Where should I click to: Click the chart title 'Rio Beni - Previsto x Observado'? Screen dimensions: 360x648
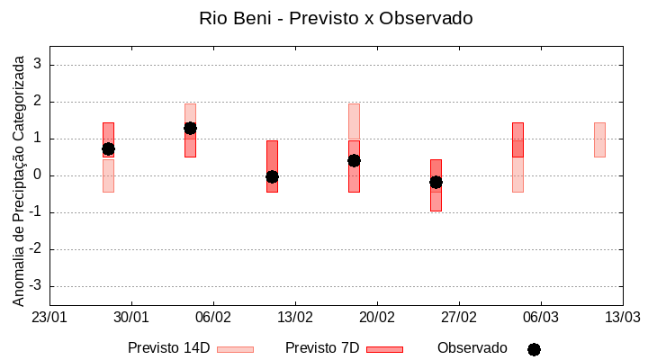click(336, 18)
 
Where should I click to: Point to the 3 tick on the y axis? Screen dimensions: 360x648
click(38, 65)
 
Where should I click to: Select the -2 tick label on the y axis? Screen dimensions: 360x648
click(35, 249)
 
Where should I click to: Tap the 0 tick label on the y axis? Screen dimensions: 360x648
click(38, 175)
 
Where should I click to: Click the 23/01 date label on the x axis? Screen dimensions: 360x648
click(49, 318)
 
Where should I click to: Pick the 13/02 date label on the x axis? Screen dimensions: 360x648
click(295, 318)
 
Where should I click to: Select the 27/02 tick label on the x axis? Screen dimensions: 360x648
click(459, 318)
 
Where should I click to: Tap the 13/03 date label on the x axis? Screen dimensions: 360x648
click(622, 318)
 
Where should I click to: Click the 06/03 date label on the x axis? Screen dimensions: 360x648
click(540, 318)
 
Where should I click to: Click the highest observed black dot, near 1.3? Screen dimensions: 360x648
click(190, 128)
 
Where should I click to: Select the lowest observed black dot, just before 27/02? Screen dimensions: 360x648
click(436, 182)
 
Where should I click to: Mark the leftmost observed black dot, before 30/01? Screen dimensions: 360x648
click(108, 148)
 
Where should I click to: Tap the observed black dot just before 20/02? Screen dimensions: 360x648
click(354, 160)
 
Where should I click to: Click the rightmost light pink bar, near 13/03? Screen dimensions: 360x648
click(599, 139)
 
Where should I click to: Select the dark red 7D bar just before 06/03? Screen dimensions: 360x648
click(517, 139)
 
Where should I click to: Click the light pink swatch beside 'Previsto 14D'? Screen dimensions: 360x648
click(235, 349)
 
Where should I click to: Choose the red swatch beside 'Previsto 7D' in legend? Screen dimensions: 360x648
click(384, 349)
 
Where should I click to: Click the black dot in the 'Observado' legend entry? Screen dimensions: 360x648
click(534, 349)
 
